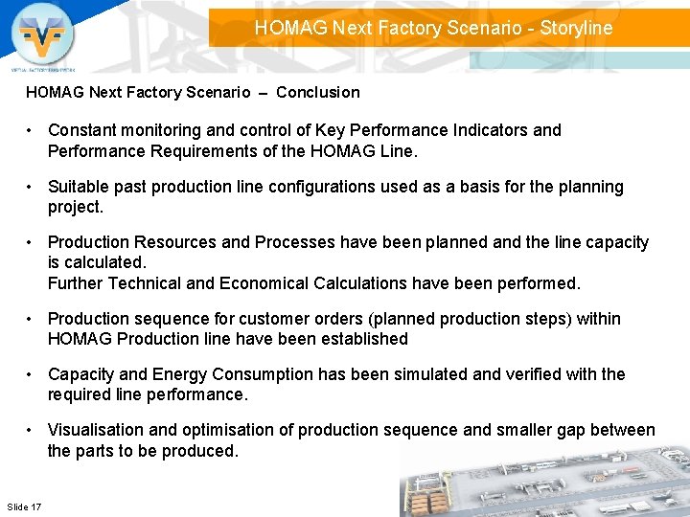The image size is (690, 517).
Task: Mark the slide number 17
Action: pos(35,506)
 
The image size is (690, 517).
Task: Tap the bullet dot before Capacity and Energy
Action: pos(33,374)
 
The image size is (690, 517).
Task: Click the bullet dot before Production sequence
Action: pos(33,319)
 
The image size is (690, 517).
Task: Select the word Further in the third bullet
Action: pos(75,283)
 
